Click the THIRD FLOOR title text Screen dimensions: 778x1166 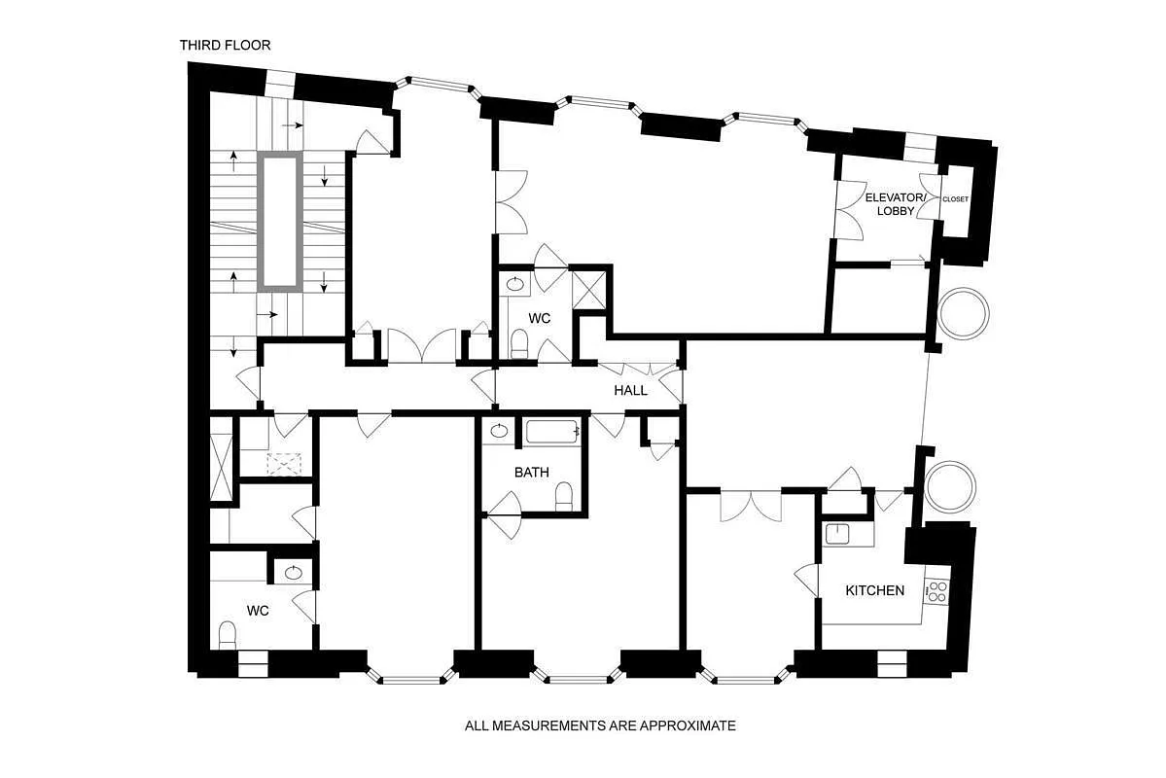click(225, 45)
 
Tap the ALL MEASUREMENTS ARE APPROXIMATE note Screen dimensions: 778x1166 click(600, 725)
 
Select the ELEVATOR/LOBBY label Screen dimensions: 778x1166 click(890, 204)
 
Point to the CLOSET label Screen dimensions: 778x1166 click(955, 199)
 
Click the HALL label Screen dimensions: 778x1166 click(630, 390)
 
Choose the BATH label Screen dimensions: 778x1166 click(531, 472)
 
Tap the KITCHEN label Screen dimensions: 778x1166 click(874, 590)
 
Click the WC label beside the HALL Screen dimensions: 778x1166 click(540, 318)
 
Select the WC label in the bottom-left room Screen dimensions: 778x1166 click(258, 611)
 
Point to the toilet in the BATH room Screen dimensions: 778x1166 click(564, 498)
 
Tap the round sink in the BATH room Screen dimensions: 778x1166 click(499, 431)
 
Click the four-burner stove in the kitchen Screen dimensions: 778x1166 click(937, 591)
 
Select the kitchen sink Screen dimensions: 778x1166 click(836, 533)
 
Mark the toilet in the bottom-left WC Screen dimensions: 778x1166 click(228, 636)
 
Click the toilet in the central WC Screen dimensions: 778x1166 click(520, 343)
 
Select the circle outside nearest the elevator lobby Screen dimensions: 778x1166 click(963, 312)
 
